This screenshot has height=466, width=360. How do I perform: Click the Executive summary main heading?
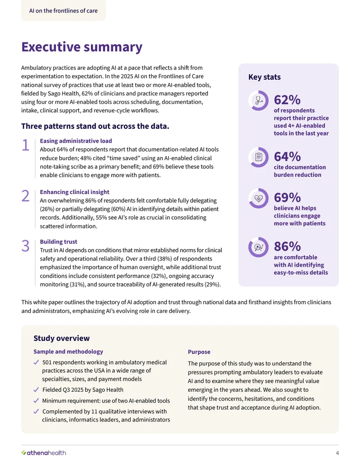[82, 47]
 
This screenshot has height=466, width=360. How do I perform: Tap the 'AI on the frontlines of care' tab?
[63, 11]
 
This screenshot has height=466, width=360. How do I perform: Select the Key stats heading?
[264, 77]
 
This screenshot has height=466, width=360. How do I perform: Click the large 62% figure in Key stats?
[287, 100]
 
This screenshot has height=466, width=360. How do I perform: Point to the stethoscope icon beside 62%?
[258, 100]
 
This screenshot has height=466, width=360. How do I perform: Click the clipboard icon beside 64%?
[258, 157]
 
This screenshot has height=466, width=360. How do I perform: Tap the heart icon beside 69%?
[258, 198]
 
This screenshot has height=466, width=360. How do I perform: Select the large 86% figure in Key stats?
[287, 246]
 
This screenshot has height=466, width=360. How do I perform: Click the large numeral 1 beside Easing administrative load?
[26, 145]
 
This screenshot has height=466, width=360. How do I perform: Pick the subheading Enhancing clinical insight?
[75, 192]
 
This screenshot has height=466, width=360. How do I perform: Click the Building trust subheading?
[58, 242]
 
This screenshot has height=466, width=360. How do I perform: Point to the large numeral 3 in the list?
[26, 246]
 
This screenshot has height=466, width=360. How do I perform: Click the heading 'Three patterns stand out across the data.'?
[95, 127]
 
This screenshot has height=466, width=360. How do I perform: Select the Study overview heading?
[62, 338]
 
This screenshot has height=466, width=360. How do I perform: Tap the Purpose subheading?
[199, 352]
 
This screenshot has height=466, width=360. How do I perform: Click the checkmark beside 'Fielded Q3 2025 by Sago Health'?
[36, 389]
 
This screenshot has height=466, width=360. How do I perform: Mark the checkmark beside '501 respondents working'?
[36, 362]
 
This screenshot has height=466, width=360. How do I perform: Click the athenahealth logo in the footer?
[44, 452]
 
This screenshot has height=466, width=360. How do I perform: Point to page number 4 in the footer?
[337, 453]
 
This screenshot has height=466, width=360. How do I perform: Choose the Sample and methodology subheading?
[68, 352]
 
